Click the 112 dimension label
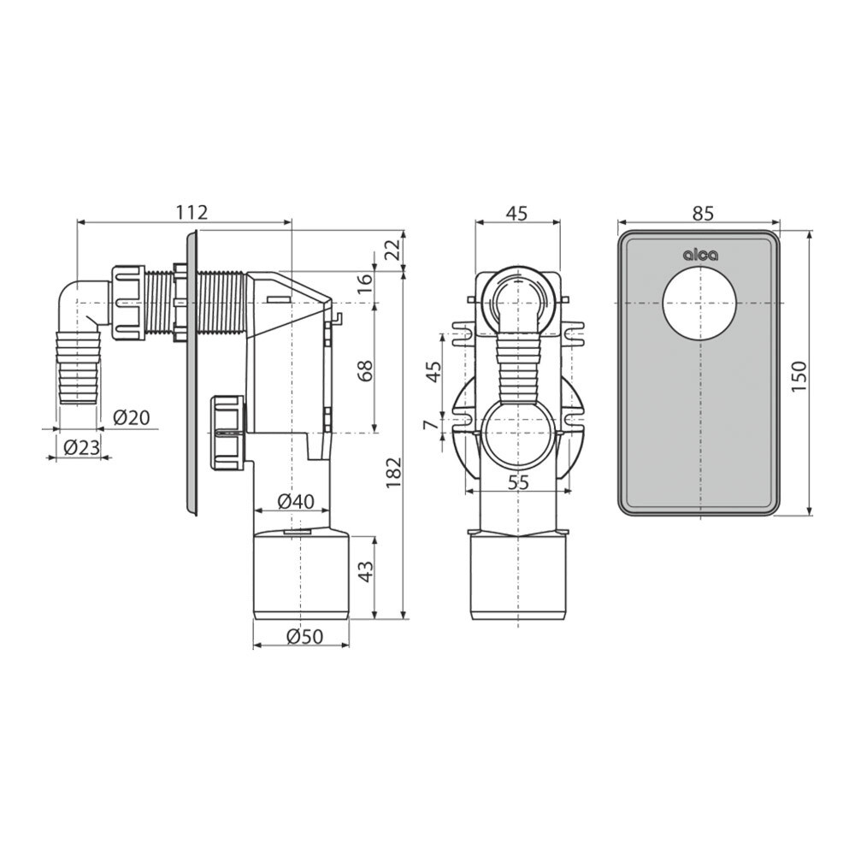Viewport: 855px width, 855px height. coord(192,212)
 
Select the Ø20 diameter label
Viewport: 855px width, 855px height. coord(131,419)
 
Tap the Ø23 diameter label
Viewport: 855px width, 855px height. coord(82,448)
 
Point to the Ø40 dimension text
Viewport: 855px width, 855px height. coord(296,501)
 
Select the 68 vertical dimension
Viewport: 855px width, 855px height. coord(365,371)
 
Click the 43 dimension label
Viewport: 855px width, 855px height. coord(365,571)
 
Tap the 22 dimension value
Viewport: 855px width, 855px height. coord(393,251)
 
